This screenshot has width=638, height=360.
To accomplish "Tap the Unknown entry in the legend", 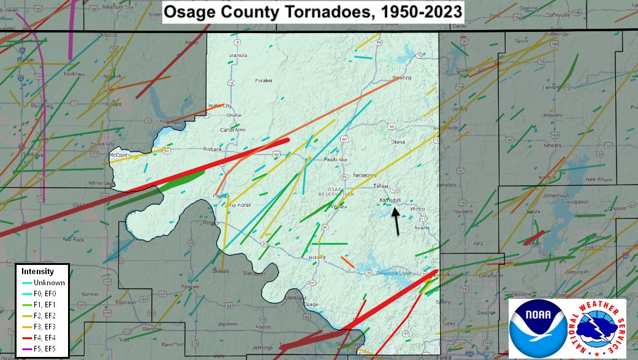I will (49, 282).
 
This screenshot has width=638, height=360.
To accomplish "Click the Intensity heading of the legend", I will (37, 271).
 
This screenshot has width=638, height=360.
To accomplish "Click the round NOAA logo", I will (538, 328).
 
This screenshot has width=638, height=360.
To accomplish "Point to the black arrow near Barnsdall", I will (396, 220).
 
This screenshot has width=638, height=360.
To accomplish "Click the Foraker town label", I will (264, 80).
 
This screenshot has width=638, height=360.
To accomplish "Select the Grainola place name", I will (238, 55).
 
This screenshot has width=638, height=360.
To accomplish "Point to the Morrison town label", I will (125, 302).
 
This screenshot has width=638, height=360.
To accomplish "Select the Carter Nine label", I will (233, 130).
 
